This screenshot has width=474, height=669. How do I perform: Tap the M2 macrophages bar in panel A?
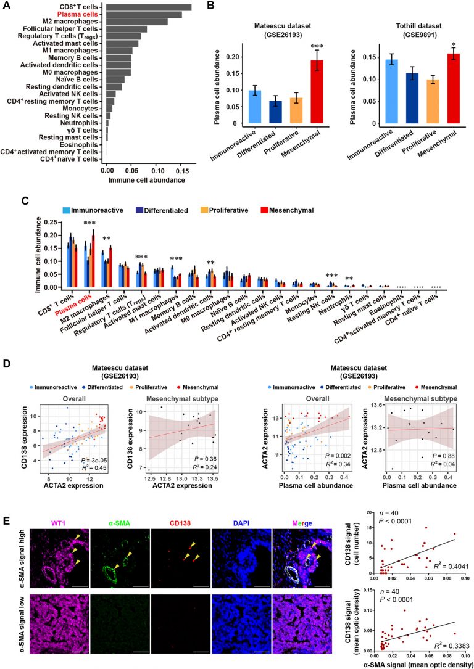point(136,22)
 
